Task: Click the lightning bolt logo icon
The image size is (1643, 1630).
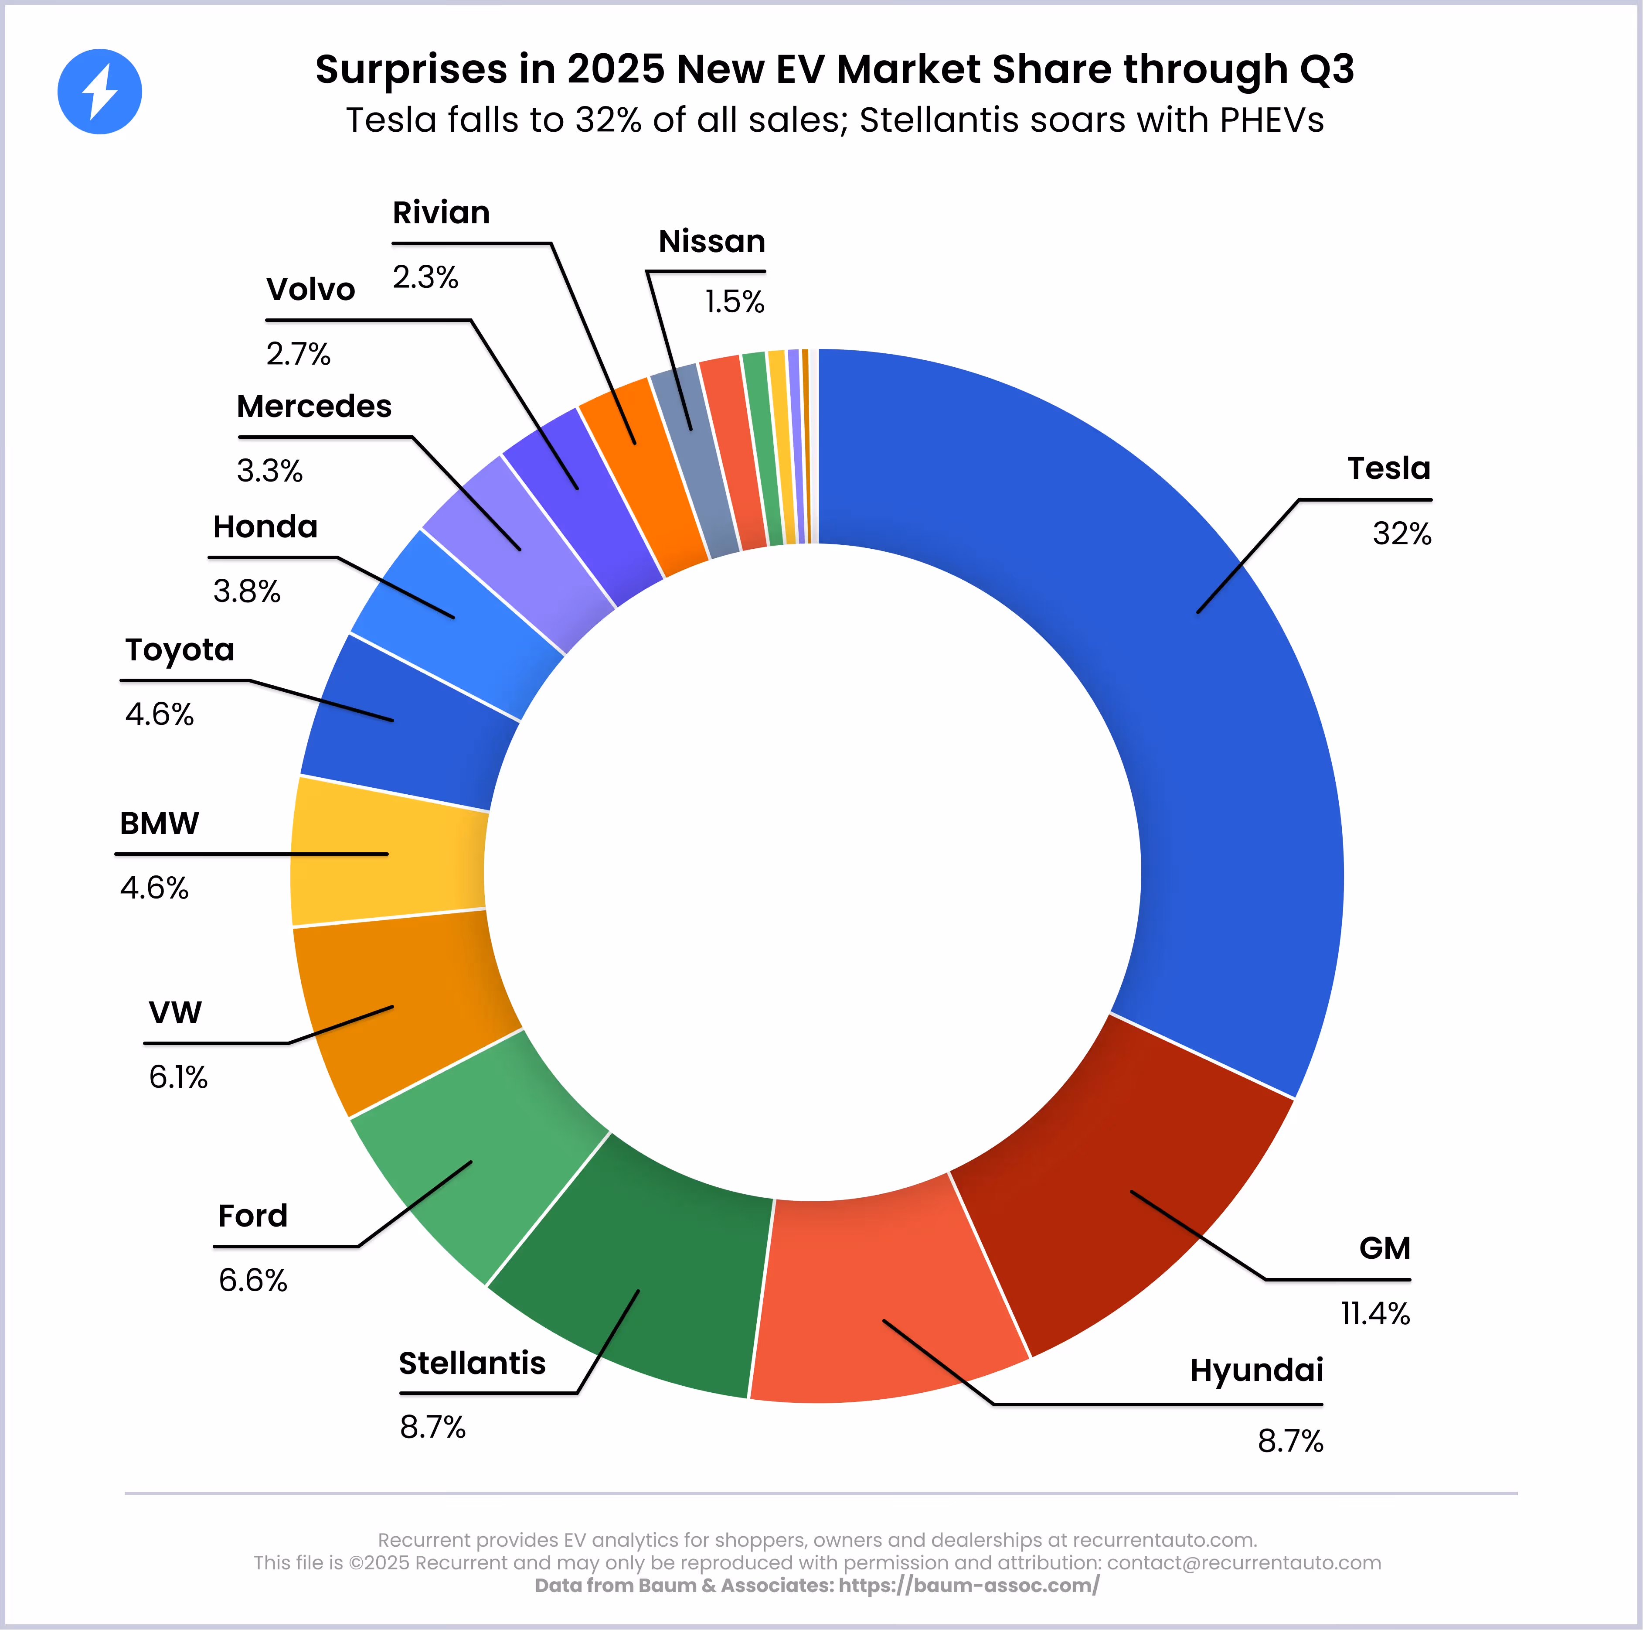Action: [99, 92]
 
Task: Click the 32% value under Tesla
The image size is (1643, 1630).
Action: [1401, 533]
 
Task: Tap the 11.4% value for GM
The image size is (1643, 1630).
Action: [1375, 1313]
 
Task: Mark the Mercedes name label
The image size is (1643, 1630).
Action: [314, 407]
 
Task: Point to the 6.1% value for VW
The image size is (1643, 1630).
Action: [178, 1077]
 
